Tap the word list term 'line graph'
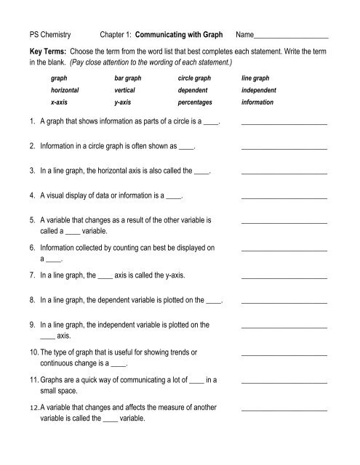tap(255, 78)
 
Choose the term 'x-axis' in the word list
tap(60, 103)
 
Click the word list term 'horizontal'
tap(65, 91)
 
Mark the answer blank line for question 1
tap(284, 126)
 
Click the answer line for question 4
tap(284, 198)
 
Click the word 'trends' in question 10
tap(181, 352)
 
